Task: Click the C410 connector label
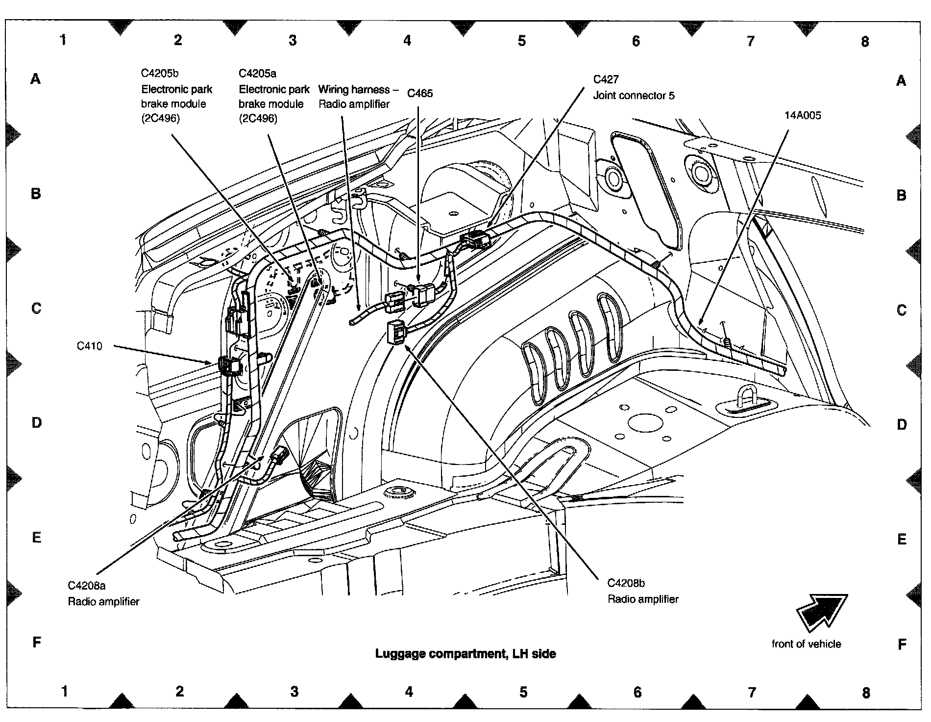coord(90,346)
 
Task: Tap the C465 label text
coord(420,93)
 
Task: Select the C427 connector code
coord(606,79)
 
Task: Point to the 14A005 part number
coord(802,116)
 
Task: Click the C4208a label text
coord(87,586)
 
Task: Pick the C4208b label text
coord(626,583)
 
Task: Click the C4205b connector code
coord(160,74)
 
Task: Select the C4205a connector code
coord(257,74)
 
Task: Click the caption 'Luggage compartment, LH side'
coord(465,653)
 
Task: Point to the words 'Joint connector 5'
coord(634,95)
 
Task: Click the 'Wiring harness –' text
coord(354,89)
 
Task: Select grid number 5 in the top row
coord(521,41)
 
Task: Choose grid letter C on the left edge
coord(36,308)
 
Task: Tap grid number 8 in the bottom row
coord(866,693)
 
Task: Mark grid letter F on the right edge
coord(902,645)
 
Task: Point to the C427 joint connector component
coord(475,240)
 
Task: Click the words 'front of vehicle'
coord(806,644)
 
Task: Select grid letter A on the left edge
coord(36,78)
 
